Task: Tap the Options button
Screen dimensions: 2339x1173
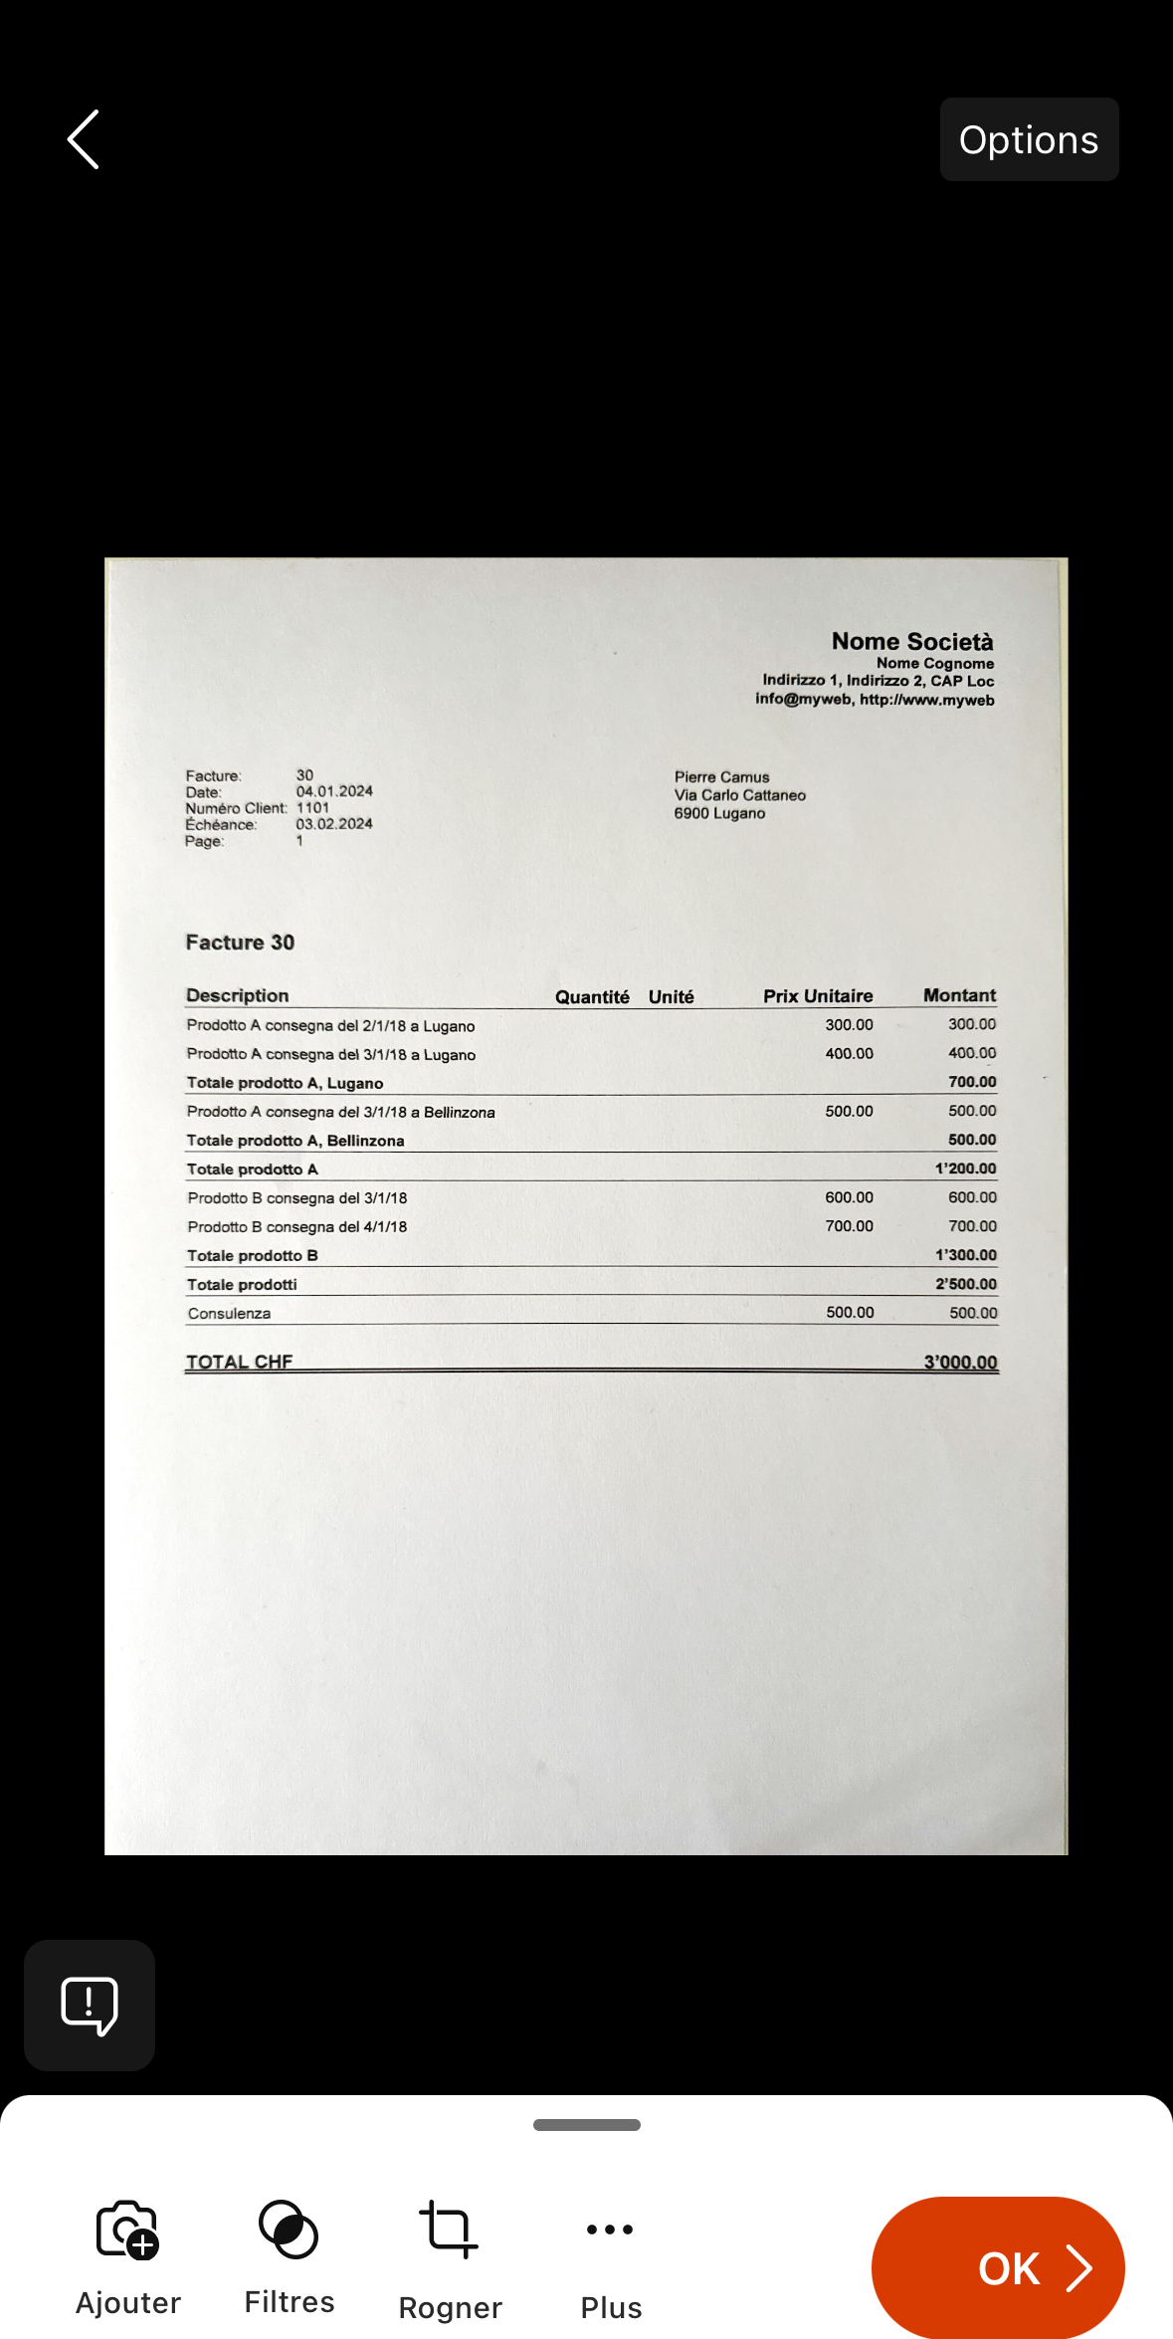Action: (x=1029, y=139)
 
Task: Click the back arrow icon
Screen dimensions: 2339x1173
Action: (x=84, y=139)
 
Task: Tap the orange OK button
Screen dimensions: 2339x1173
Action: (x=998, y=2267)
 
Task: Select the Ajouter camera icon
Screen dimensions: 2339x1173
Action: (x=127, y=2230)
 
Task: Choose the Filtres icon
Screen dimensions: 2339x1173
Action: (x=289, y=2230)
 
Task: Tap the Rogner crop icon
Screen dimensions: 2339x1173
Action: (x=449, y=2230)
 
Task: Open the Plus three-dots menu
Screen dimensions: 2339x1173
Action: (x=610, y=2230)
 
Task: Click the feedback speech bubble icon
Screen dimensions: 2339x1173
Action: (x=90, y=2005)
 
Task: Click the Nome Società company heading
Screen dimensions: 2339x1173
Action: (x=912, y=642)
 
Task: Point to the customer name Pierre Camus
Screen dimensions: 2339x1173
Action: (x=721, y=777)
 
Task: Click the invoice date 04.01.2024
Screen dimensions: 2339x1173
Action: (x=334, y=791)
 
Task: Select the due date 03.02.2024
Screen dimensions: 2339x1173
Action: (x=334, y=824)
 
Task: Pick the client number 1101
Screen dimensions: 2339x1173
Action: (x=312, y=808)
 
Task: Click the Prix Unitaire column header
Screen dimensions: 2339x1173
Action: (x=818, y=996)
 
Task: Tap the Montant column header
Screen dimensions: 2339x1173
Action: (x=959, y=995)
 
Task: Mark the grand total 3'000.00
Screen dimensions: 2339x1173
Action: (x=960, y=1362)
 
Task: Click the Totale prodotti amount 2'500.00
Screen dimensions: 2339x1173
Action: (x=965, y=1284)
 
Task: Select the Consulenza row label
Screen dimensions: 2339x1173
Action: (x=229, y=1314)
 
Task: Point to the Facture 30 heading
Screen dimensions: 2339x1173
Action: (x=240, y=943)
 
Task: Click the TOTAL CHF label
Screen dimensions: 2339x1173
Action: (x=239, y=1362)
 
